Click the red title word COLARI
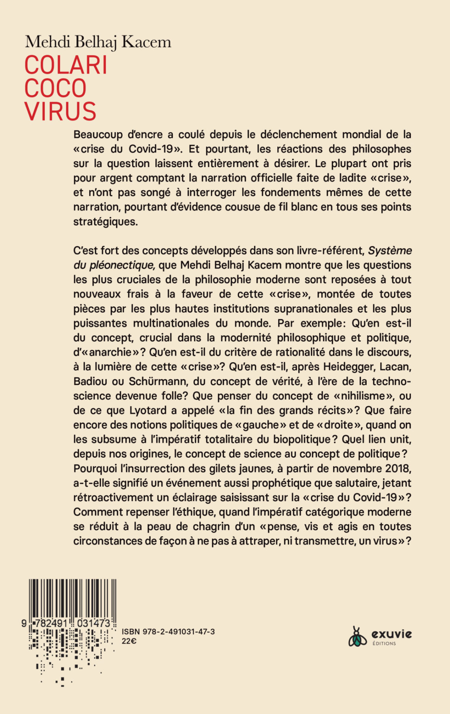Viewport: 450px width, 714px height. [x=66, y=65]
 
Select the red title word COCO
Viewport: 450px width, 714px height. [x=55, y=88]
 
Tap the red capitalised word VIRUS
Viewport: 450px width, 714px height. [x=60, y=111]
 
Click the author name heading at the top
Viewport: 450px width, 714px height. [x=98, y=42]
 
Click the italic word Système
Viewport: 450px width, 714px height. [x=390, y=251]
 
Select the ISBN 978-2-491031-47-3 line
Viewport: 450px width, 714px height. [x=168, y=631]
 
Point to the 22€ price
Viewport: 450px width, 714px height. [x=129, y=641]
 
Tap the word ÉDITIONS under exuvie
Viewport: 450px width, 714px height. [x=384, y=643]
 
